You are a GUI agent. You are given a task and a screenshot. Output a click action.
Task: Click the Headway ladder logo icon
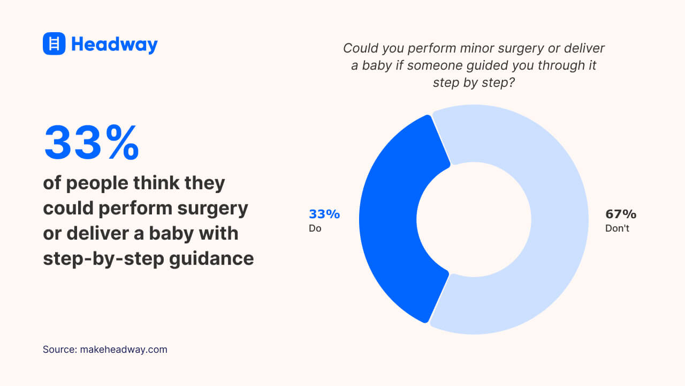point(54,43)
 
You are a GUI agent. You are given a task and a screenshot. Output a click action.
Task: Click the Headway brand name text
point(115,44)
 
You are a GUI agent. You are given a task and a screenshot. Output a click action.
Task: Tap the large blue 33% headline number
point(92,143)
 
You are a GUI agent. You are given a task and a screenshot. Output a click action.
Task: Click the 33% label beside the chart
point(324,214)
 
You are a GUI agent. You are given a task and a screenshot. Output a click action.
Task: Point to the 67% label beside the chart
point(620,214)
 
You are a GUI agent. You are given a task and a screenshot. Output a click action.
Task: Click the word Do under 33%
point(315,228)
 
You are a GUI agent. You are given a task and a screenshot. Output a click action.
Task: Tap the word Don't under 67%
point(617,228)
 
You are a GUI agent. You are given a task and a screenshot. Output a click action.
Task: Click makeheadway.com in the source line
point(124,350)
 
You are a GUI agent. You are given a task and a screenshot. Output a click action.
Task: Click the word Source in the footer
point(58,350)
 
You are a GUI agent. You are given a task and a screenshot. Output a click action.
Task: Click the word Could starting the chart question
point(360,48)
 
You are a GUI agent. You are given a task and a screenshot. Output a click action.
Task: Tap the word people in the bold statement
point(97,183)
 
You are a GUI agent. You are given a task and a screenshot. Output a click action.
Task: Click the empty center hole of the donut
point(474,219)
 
